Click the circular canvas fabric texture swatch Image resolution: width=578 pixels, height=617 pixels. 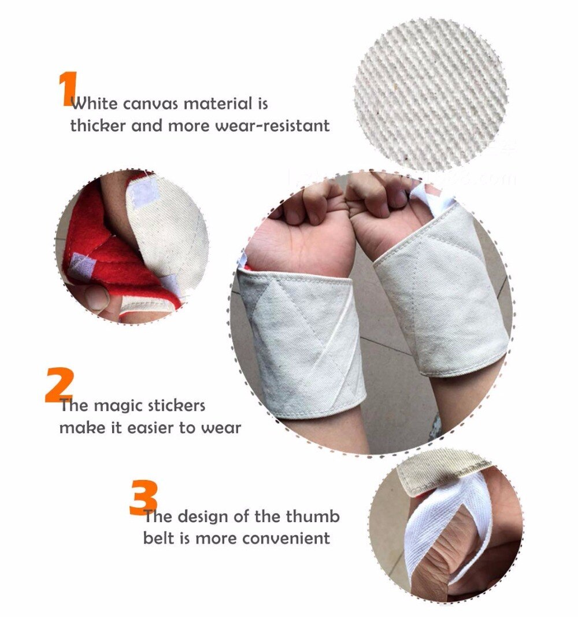point(431,95)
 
